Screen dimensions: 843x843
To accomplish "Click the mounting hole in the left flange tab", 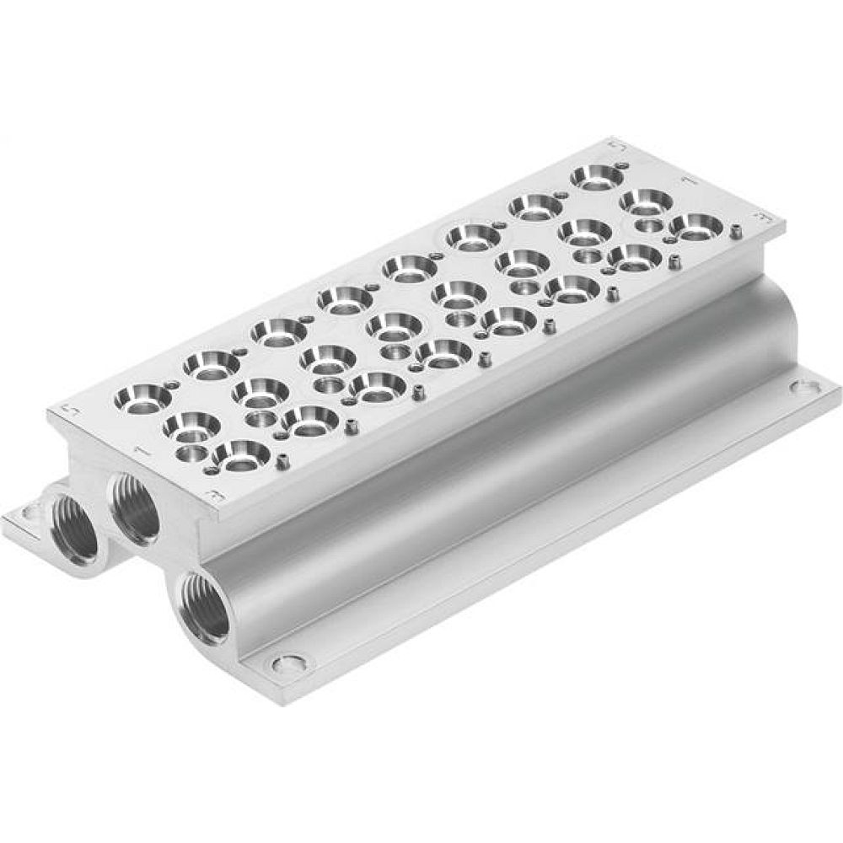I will [x=31, y=511].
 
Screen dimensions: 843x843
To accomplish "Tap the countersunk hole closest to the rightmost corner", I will [x=696, y=226].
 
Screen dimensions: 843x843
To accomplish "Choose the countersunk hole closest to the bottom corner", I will [x=242, y=454].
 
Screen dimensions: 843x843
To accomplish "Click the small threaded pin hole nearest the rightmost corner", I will [x=736, y=229].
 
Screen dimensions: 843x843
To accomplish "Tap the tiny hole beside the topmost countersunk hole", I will [x=622, y=165].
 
